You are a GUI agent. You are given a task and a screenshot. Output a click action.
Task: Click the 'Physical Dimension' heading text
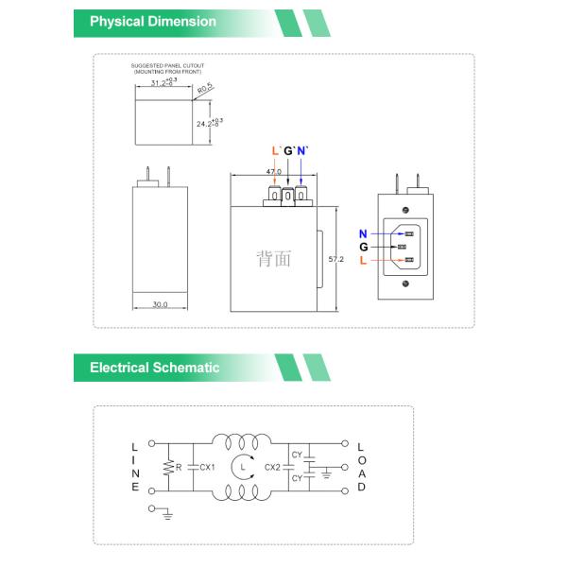click(x=152, y=22)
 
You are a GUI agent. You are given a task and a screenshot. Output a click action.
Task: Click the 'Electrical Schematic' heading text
click(x=154, y=368)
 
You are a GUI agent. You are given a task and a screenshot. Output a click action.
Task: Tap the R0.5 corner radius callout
click(x=205, y=88)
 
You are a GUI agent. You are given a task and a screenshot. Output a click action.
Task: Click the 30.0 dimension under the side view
click(x=160, y=304)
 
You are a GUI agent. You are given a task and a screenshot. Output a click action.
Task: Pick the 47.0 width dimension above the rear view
click(x=274, y=171)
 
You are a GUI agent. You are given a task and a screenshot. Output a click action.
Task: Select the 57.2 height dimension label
click(x=335, y=258)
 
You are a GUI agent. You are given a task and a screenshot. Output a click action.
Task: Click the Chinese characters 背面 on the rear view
click(x=273, y=258)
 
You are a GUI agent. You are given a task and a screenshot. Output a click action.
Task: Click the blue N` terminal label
click(x=302, y=151)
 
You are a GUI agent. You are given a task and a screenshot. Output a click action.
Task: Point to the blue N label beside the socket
click(x=363, y=232)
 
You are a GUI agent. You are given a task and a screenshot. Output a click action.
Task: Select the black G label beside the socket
click(x=363, y=247)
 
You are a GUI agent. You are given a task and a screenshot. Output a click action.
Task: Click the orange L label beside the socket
click(x=363, y=260)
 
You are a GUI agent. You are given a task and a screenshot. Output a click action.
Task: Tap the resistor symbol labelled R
click(x=169, y=467)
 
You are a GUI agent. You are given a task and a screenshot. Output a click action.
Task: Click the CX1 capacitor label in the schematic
click(x=208, y=467)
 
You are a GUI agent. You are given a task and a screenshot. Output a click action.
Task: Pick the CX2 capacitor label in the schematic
click(x=272, y=467)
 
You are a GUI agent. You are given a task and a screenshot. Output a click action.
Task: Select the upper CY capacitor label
click(x=297, y=455)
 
